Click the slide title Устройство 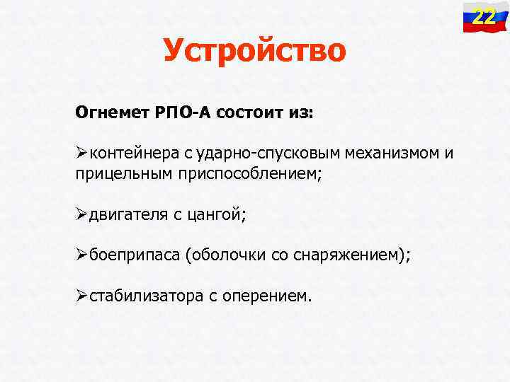pyautogui.click(x=254, y=50)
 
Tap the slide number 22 pyautogui.click(x=484, y=16)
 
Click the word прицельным pyautogui.click(x=120, y=174)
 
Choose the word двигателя pyautogui.click(x=126, y=214)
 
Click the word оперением pyautogui.click(x=266, y=296)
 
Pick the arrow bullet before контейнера pyautogui.click(x=81, y=154)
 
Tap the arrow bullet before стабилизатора pyautogui.click(x=81, y=296)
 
